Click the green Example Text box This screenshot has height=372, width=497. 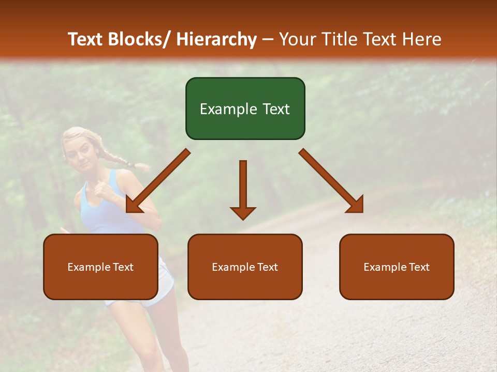pos(245,109)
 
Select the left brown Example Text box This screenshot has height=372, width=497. pos(100,267)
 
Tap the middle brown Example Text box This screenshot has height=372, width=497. pos(245,267)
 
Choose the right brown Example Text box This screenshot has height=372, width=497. pos(397,267)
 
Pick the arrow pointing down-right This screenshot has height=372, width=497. pos(331,181)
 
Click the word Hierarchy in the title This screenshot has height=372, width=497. pos(216,39)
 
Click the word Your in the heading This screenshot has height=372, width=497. pos(297,39)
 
